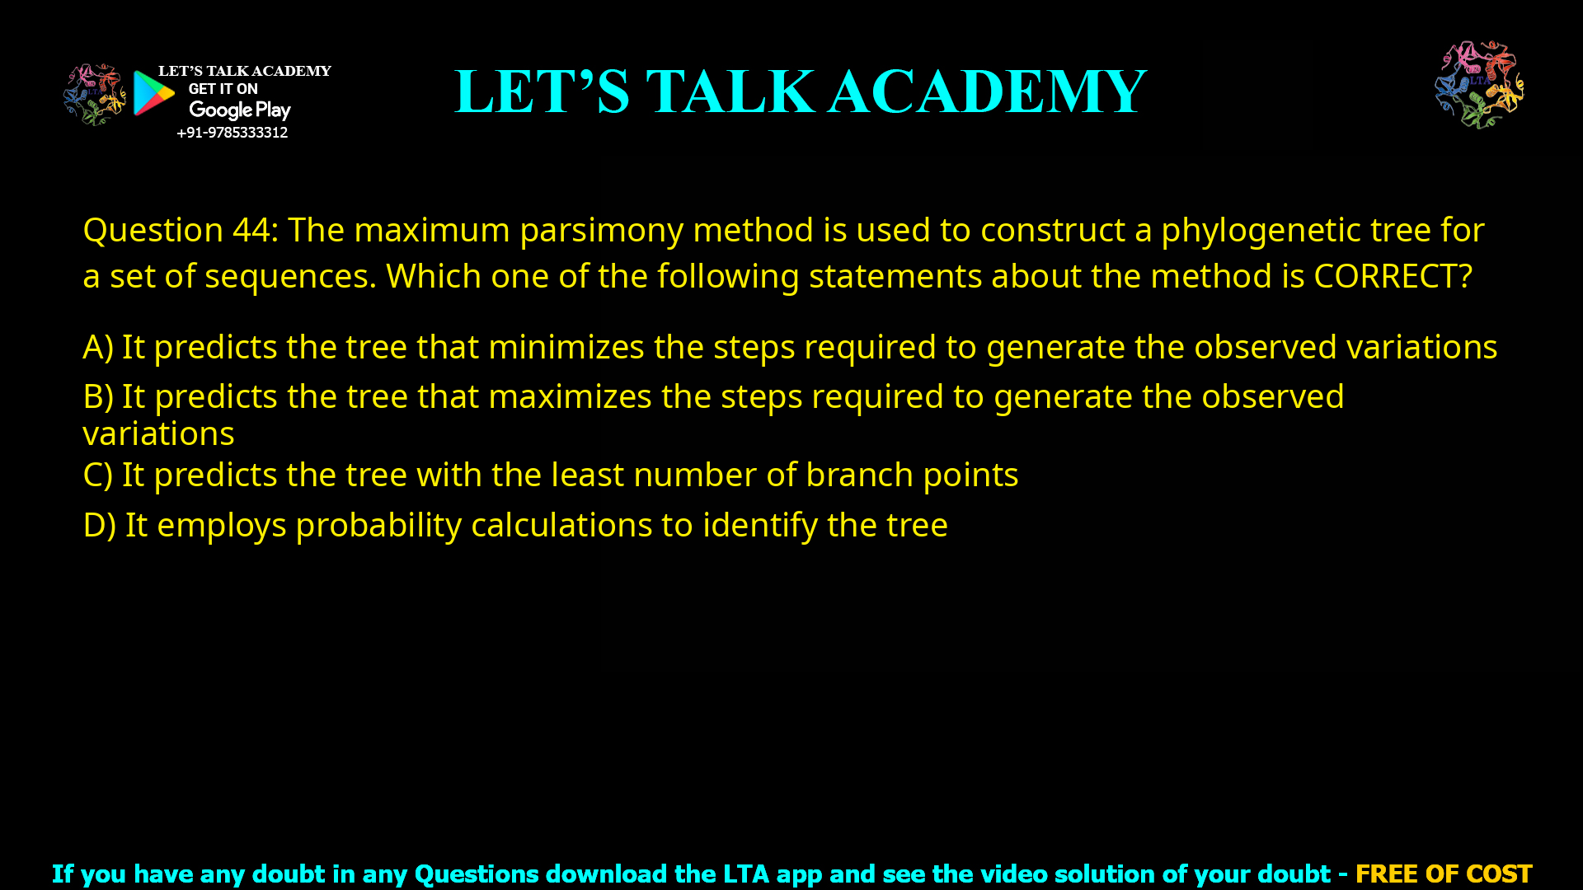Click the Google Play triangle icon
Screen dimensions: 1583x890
(153, 92)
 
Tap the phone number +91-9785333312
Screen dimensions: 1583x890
(233, 133)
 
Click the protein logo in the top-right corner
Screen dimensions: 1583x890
(1479, 85)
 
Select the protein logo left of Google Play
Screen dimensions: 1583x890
(95, 95)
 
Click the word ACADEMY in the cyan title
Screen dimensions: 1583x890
(988, 91)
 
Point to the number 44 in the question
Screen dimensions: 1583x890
(251, 230)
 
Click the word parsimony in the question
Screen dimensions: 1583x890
(601, 230)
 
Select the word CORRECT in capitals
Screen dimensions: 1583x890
(1385, 276)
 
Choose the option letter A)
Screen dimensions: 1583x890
(98, 347)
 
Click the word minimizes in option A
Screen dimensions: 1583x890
(566, 347)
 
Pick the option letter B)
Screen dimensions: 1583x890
(98, 396)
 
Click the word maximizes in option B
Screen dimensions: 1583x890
(570, 396)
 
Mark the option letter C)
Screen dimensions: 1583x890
(98, 475)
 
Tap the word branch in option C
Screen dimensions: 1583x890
(859, 475)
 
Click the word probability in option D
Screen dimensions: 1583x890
(378, 525)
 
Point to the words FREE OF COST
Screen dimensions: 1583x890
(1444, 874)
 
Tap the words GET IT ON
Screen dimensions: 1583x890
(223, 89)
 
